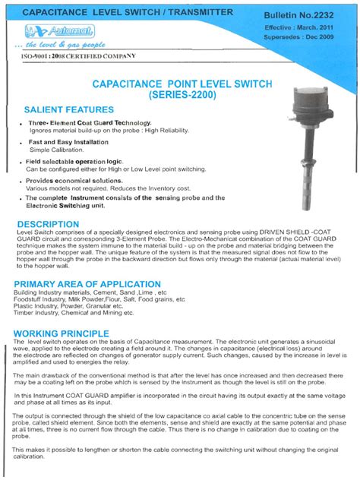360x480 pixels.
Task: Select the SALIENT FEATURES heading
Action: click(x=69, y=109)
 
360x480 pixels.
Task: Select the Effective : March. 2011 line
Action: click(x=311, y=27)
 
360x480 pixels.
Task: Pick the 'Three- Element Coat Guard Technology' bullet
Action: click(x=90, y=123)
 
